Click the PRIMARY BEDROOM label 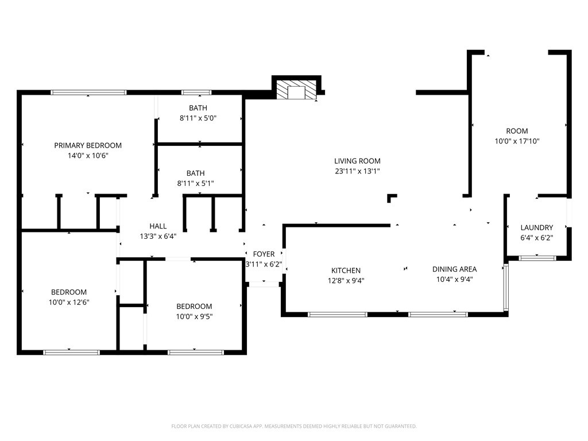(x=88, y=145)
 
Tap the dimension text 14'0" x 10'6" (x=88, y=156)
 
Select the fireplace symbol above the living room (x=296, y=90)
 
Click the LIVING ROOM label (x=357, y=161)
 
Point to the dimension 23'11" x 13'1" (x=357, y=171)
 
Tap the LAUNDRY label (x=537, y=227)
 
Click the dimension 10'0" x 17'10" (x=517, y=141)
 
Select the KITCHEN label (x=346, y=270)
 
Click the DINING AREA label (x=454, y=269)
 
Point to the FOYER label (x=264, y=254)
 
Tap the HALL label (x=158, y=226)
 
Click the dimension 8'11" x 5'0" (x=198, y=118)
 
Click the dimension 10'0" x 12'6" (x=69, y=302)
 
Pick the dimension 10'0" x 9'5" (x=194, y=316)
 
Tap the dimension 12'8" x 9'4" (x=346, y=281)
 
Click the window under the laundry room (x=537, y=258)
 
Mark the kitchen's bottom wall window (x=338, y=314)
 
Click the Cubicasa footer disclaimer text (x=294, y=426)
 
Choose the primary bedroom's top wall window (x=88, y=92)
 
